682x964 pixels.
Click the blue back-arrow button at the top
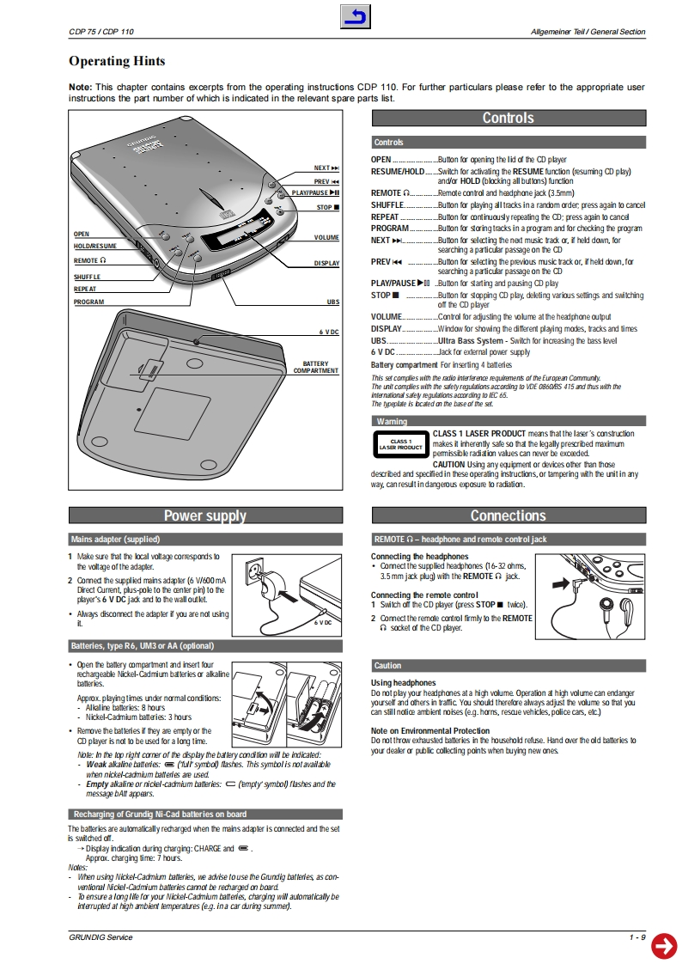(356, 16)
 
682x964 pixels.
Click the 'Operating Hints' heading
(117, 61)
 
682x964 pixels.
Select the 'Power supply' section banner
(204, 516)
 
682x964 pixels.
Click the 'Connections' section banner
(508, 516)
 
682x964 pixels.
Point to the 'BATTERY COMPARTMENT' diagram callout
(316, 367)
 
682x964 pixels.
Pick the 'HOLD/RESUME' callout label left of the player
(94, 247)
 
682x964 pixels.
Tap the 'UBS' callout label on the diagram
(332, 302)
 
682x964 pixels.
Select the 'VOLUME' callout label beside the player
(326, 237)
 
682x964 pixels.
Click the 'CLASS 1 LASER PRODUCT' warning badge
(400, 444)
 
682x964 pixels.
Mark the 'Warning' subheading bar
(392, 421)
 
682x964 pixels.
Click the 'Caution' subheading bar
(387, 665)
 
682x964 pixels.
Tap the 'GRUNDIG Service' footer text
(100, 937)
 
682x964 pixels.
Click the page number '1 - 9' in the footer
(636, 937)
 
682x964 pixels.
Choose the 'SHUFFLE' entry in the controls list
(387, 205)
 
